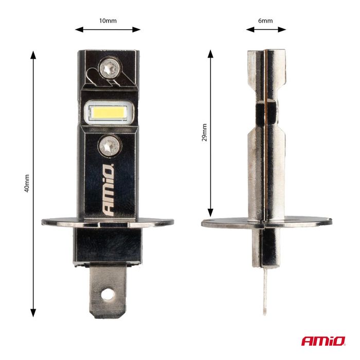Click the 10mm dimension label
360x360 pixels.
coord(107,21)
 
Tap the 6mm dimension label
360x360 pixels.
coord(265,21)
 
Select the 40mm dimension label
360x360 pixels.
coord(27,184)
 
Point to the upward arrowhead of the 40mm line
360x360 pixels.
coord(34,53)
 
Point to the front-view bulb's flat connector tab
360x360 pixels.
coord(107,291)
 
